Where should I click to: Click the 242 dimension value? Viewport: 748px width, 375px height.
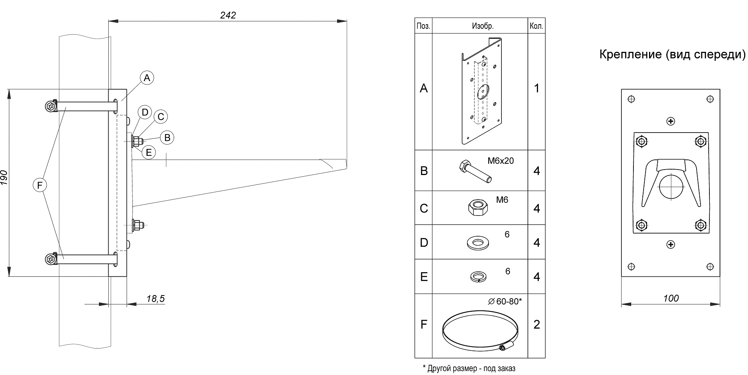228,15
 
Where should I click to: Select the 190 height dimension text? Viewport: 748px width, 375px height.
4,177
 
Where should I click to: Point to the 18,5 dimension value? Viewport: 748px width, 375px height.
155,299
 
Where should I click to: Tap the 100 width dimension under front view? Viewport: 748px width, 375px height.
671,298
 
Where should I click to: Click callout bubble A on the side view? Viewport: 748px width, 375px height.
146,78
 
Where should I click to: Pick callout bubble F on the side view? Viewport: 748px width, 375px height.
39,186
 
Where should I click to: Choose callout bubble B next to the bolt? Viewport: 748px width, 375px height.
167,138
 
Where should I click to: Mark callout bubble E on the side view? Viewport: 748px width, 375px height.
148,152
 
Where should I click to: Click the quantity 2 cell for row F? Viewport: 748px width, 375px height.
536,325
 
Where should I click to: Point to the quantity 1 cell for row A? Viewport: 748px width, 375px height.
536,88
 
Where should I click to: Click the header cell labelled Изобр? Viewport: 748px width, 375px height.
483,26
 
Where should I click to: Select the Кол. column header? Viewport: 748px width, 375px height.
536,26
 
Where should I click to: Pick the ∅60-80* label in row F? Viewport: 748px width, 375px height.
505,301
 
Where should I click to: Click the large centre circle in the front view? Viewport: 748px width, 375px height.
671,186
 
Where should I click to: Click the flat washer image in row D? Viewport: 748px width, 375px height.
478,243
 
